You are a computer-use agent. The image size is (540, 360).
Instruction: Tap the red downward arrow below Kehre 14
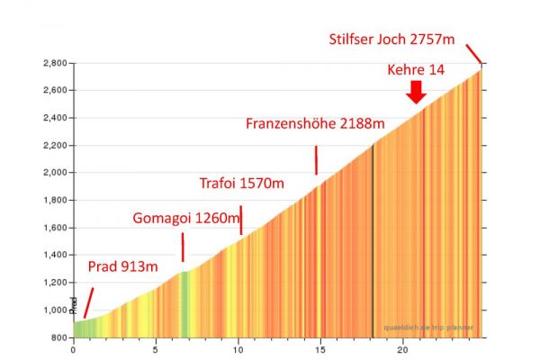pyautogui.click(x=416, y=92)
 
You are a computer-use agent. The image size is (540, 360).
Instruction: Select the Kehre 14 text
pyautogui.click(x=415, y=69)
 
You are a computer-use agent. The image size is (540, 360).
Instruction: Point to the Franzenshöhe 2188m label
pyautogui.click(x=315, y=122)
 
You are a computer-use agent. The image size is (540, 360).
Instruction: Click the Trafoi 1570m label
pyautogui.click(x=241, y=184)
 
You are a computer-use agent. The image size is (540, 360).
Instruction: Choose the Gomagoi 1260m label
pyautogui.click(x=185, y=217)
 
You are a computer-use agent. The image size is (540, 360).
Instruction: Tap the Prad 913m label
pyautogui.click(x=122, y=266)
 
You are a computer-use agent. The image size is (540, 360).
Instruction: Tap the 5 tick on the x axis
pyautogui.click(x=156, y=350)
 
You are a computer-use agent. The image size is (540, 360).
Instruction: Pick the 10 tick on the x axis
pyautogui.click(x=238, y=350)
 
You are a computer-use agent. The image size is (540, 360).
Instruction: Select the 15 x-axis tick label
pyautogui.click(x=320, y=350)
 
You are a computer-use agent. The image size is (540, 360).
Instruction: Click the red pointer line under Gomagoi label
pyautogui.click(x=183, y=247)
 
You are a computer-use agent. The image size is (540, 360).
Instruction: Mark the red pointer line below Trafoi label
pyautogui.click(x=240, y=220)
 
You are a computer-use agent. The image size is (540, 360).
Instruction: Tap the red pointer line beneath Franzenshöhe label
pyautogui.click(x=316, y=161)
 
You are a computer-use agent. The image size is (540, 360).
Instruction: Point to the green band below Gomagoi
pyautogui.click(x=184, y=301)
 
